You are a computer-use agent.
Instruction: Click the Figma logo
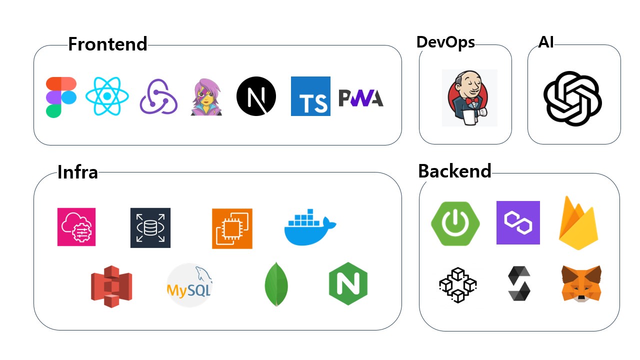point(61,97)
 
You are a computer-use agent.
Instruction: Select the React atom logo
point(107,96)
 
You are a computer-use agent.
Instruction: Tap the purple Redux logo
point(158,97)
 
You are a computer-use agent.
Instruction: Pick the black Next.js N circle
point(256,96)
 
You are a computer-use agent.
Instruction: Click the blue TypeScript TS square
point(310,96)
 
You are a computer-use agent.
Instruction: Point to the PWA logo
point(361,98)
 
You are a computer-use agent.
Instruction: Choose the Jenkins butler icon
point(469,98)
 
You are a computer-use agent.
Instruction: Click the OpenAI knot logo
point(572,97)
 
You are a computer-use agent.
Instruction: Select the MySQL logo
point(189,285)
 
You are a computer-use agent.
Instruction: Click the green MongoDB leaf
point(276,283)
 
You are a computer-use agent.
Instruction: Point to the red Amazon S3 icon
point(111,286)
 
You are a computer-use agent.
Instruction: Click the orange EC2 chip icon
point(232,228)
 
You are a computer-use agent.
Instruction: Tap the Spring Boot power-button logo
point(455,223)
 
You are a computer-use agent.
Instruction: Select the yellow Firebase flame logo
point(578,223)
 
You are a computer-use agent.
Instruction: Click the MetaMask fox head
point(581,283)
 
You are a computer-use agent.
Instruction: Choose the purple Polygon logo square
point(518,222)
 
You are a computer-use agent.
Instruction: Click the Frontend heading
point(107,44)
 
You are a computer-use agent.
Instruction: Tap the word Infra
point(77,172)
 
